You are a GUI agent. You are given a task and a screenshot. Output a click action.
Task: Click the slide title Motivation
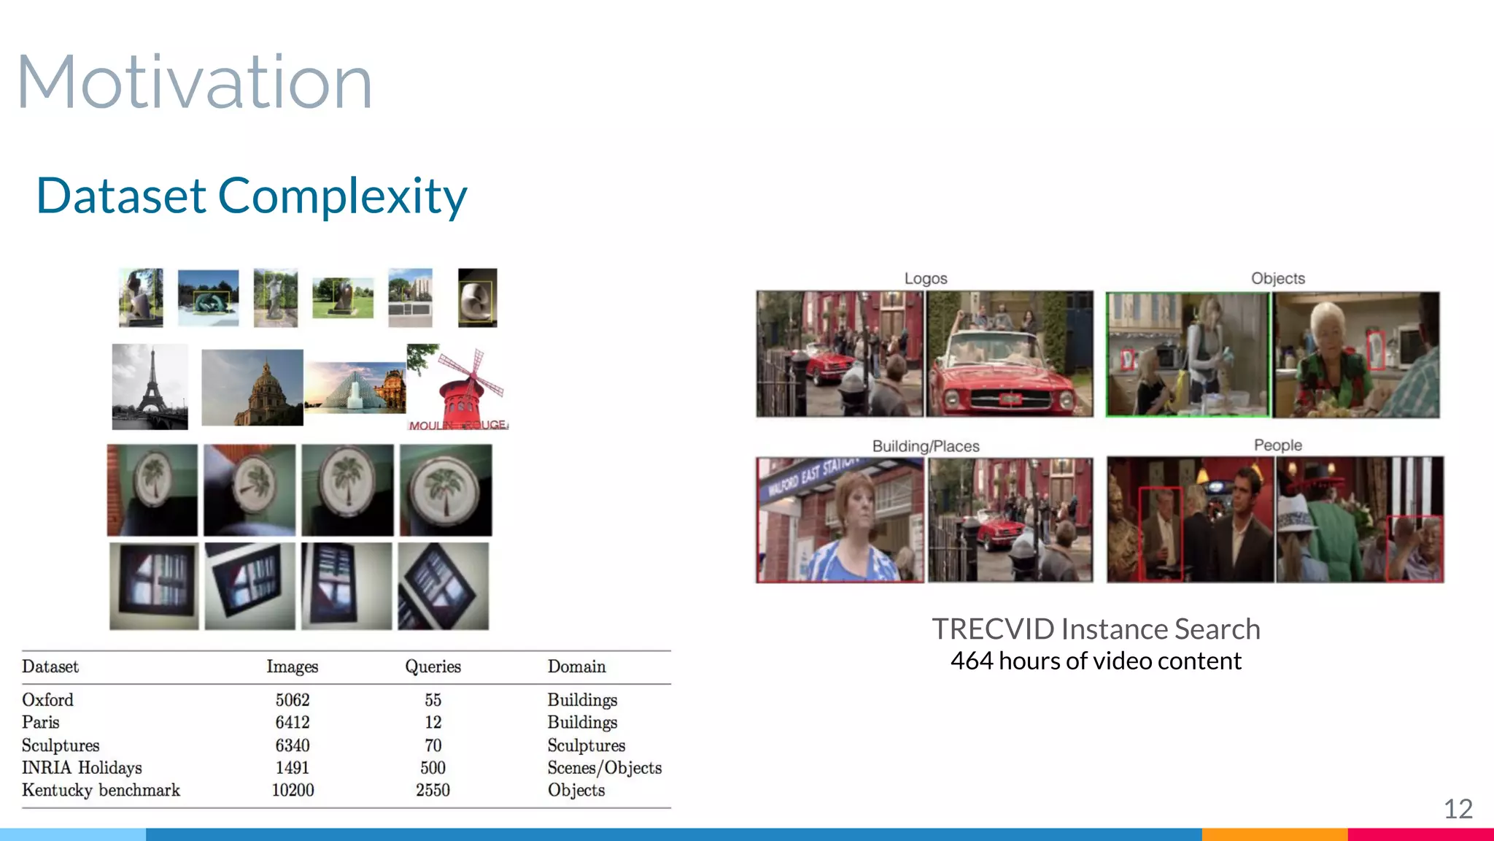(x=194, y=82)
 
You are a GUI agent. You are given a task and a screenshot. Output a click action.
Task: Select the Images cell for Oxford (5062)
(x=293, y=700)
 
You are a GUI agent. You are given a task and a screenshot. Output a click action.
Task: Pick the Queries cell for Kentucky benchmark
(x=433, y=791)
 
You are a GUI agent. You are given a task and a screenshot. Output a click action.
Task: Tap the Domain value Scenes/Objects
(x=604, y=768)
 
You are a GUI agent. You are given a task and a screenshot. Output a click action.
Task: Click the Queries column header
(x=433, y=667)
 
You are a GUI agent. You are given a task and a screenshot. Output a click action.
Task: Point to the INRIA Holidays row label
(x=82, y=768)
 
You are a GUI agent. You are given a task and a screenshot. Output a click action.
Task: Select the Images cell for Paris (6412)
(x=293, y=723)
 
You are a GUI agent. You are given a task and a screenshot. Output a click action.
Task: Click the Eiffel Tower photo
(x=150, y=387)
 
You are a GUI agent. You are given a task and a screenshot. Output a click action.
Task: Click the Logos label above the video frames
(x=925, y=278)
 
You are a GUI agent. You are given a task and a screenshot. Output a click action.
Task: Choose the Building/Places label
(x=925, y=446)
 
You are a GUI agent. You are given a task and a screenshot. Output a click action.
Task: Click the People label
(x=1277, y=445)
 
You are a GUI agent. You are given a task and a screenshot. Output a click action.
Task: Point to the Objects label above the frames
(x=1277, y=278)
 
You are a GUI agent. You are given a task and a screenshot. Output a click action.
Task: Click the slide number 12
(x=1458, y=809)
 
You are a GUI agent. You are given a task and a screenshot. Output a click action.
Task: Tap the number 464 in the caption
(x=972, y=661)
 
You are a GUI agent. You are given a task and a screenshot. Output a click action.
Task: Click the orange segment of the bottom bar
(x=1274, y=834)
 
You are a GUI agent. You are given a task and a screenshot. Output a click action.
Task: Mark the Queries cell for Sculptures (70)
(x=433, y=745)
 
